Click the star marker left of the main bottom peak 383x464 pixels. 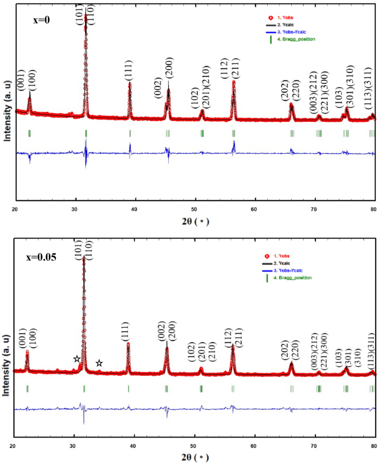pyautogui.click(x=77, y=358)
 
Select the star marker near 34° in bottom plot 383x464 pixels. pyautogui.click(x=99, y=363)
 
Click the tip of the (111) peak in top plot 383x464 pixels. pyautogui.click(x=130, y=84)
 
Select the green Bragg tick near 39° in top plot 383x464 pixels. pyautogui.click(x=130, y=133)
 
